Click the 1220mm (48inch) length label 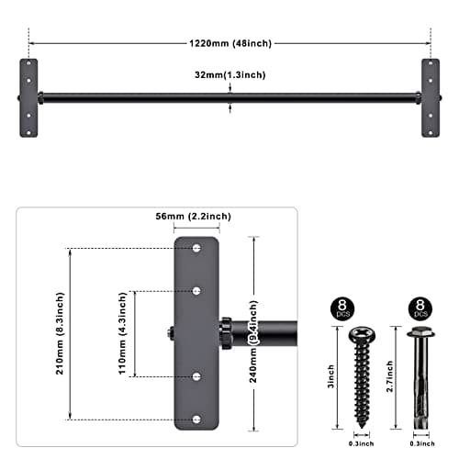coord(229,42)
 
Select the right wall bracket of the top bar coord(430,97)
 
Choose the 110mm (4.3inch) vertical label coord(123,334)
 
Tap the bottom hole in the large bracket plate coord(196,419)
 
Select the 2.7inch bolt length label coord(392,377)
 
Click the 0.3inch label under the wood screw coord(358,444)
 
